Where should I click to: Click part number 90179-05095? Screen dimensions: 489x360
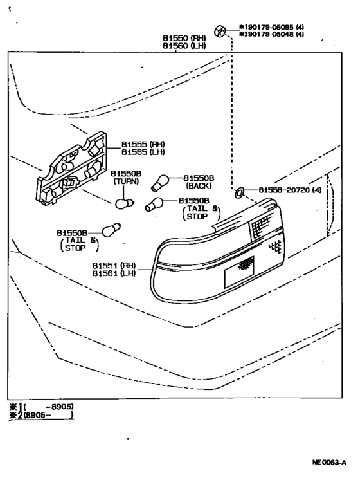pyautogui.click(x=267, y=27)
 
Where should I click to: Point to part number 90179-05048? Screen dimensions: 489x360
pyautogui.click(x=267, y=35)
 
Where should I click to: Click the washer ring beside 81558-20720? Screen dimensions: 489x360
pyautogui.click(x=239, y=191)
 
